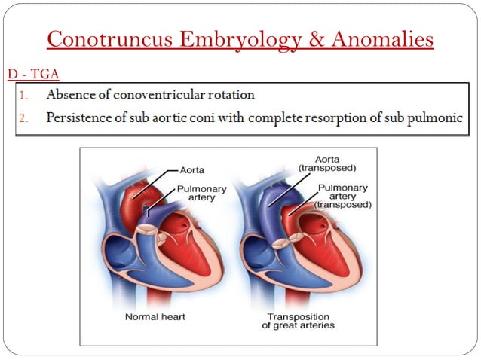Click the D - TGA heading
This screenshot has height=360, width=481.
32,74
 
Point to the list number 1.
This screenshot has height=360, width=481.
24,96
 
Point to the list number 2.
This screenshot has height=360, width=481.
24,118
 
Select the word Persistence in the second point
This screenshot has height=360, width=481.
79,118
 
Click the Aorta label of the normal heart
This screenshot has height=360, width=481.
194,171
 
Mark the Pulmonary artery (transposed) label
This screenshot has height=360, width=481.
344,196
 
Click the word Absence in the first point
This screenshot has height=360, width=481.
69,96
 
